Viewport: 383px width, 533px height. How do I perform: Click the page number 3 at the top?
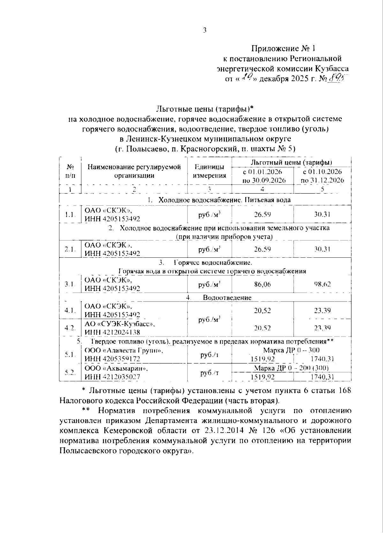click(205, 30)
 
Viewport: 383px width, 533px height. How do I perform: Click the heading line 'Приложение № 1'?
click(283, 49)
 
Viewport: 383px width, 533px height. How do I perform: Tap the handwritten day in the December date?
click(245, 77)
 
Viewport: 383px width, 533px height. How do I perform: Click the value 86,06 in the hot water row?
click(262, 284)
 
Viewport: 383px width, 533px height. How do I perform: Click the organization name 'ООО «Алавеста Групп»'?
click(124, 350)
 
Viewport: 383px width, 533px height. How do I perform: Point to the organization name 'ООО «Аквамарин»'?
click(116, 368)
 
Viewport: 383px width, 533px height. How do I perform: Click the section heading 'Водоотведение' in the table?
click(227, 298)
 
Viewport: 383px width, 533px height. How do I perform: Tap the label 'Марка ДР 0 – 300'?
click(287, 350)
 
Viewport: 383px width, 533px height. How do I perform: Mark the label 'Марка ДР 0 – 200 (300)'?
click(291, 368)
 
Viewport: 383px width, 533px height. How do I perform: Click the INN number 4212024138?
click(112, 332)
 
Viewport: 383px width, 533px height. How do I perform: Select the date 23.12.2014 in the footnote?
click(223, 430)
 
